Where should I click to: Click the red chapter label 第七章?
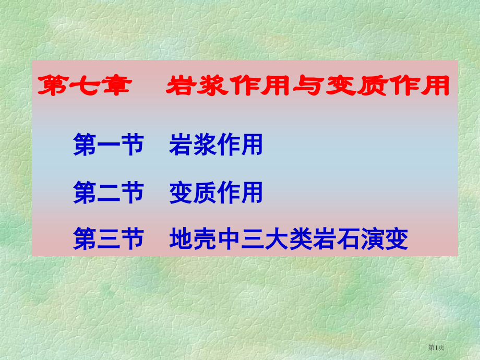pyautogui.click(x=83, y=86)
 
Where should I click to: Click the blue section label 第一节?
pyautogui.click(x=108, y=145)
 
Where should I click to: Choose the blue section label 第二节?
pyautogui.click(x=108, y=193)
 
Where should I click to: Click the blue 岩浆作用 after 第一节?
pyautogui.click(x=216, y=145)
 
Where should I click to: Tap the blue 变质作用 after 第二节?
pyautogui.click(x=216, y=193)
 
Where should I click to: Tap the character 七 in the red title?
pyautogui.click(x=83, y=86)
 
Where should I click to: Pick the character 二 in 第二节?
pyautogui.click(x=108, y=193)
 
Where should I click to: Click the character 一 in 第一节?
pyautogui.click(x=108, y=145)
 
